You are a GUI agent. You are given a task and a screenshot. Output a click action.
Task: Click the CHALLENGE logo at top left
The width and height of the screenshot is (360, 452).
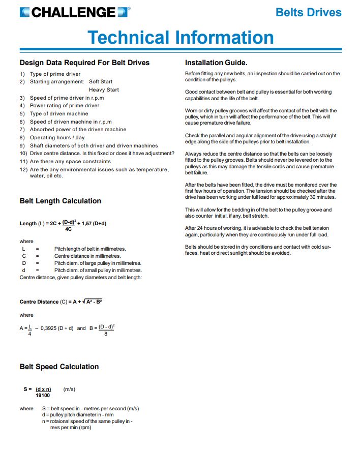coord(74,12)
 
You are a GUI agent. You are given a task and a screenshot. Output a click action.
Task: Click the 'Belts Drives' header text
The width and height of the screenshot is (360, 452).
coord(308,12)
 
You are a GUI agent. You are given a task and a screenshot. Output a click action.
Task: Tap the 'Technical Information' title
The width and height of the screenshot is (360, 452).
coord(181,37)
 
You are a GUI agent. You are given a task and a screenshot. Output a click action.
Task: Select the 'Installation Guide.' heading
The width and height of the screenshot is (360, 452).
coord(216,63)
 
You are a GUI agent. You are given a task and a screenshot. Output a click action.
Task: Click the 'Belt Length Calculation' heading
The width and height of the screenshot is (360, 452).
coord(61,201)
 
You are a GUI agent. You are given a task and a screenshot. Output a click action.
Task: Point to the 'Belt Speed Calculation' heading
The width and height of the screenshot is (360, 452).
coord(59,367)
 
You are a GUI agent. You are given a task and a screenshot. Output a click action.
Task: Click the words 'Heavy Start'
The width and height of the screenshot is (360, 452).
coord(104,89)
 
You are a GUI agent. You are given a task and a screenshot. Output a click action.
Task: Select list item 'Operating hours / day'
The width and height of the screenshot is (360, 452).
coord(57,137)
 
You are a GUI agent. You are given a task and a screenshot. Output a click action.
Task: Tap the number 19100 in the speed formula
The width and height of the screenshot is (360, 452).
coord(43,395)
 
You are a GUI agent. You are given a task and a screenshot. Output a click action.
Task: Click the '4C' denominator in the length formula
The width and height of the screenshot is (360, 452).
coord(68,229)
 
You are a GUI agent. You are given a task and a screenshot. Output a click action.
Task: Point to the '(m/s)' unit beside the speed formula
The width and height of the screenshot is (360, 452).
coord(69,389)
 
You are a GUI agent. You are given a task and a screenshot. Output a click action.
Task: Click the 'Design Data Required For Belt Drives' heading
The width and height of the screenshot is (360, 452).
coord(84,63)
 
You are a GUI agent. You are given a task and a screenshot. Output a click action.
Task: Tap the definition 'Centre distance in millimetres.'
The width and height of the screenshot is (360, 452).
coord(87,256)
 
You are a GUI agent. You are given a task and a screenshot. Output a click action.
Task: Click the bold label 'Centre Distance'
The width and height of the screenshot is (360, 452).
coord(39,302)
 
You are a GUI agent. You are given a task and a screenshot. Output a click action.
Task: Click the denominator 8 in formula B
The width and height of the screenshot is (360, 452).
coord(106,334)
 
